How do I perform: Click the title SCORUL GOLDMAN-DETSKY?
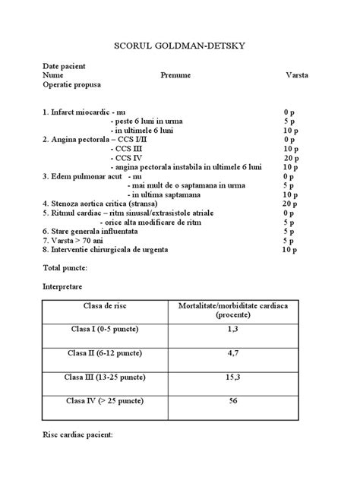[180, 46]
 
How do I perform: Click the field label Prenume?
[175, 76]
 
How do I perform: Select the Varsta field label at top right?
[296, 76]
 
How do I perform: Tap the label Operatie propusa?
[76, 86]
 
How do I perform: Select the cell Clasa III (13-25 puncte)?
[106, 377]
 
